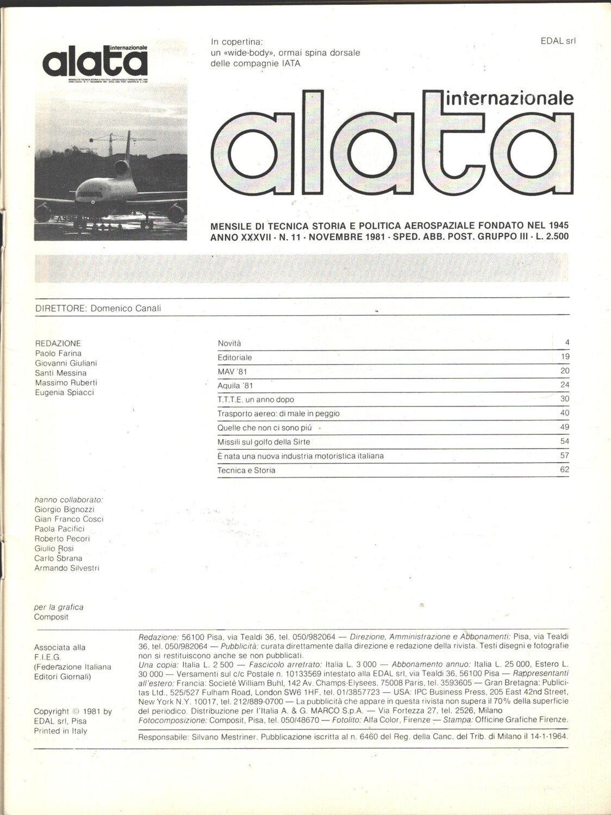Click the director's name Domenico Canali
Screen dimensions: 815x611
pos(126,308)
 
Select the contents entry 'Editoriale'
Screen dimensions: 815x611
pos(235,358)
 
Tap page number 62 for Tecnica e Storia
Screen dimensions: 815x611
pos(564,469)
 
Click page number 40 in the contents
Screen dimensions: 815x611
pos(564,413)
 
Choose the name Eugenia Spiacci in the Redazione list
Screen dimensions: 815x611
pos(64,392)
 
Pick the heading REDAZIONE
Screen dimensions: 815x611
pos(58,343)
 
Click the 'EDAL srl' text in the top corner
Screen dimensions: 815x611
pos(558,41)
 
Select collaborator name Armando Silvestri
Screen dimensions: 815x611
pos(66,568)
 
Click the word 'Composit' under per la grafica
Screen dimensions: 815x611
pos(51,617)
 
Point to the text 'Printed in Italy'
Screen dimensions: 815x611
pos(60,731)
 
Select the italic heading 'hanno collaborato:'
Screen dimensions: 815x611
pos(68,499)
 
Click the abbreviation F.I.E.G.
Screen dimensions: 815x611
pos(47,657)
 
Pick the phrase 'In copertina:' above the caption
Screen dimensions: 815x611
pos(236,42)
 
